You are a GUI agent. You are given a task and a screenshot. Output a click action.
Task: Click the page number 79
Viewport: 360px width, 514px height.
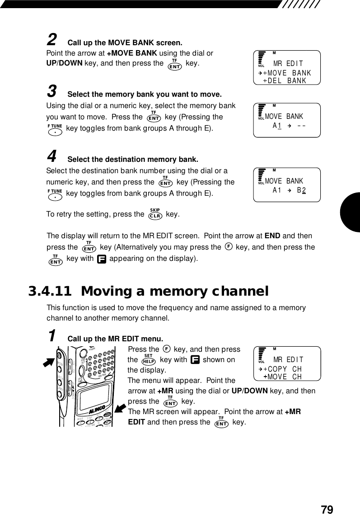point(327,509)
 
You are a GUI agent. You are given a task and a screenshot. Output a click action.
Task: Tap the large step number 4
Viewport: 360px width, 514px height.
point(52,156)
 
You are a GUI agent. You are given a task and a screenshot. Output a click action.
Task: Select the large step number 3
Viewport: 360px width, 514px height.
point(52,92)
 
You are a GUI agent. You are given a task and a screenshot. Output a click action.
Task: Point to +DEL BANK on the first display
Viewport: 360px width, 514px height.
point(285,81)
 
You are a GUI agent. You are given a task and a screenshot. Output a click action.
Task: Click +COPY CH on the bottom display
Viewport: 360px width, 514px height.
point(283,369)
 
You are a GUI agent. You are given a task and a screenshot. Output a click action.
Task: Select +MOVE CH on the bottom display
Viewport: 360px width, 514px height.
point(283,377)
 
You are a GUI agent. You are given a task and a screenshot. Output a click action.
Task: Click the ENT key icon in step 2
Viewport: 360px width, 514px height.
point(174,65)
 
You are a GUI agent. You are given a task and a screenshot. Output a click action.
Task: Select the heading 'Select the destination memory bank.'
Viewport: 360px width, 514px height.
point(133,160)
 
